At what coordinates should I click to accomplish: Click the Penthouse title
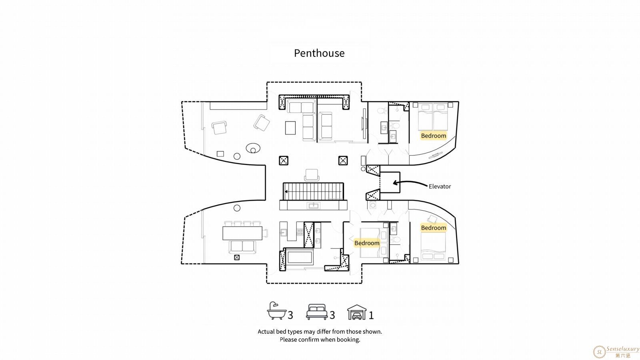click(x=319, y=53)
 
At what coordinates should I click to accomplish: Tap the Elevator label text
click(x=440, y=186)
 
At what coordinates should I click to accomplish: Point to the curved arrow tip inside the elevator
click(x=394, y=183)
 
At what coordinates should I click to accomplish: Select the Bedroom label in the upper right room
click(x=434, y=136)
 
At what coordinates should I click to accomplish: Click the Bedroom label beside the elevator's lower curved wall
click(x=434, y=228)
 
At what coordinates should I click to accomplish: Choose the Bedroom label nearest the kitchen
click(x=367, y=243)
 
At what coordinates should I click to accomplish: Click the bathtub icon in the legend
click(x=276, y=310)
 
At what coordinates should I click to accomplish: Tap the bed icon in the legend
click(x=317, y=312)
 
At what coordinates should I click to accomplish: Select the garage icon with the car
click(x=357, y=312)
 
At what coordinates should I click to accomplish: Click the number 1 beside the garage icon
click(x=371, y=316)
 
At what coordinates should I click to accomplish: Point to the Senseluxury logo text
click(x=623, y=349)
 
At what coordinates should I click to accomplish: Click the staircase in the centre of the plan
click(x=314, y=191)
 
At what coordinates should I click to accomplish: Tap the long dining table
click(x=242, y=233)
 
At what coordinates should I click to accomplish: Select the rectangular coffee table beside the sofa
click(x=290, y=128)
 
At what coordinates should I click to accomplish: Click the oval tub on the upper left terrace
click(x=253, y=148)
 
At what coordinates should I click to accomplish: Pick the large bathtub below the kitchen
click(x=300, y=258)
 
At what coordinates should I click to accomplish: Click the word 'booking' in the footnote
click(x=348, y=340)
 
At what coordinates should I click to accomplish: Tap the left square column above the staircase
click(x=284, y=160)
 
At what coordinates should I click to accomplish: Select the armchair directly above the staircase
click(x=312, y=175)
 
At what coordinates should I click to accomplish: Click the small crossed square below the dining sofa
click(x=237, y=258)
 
